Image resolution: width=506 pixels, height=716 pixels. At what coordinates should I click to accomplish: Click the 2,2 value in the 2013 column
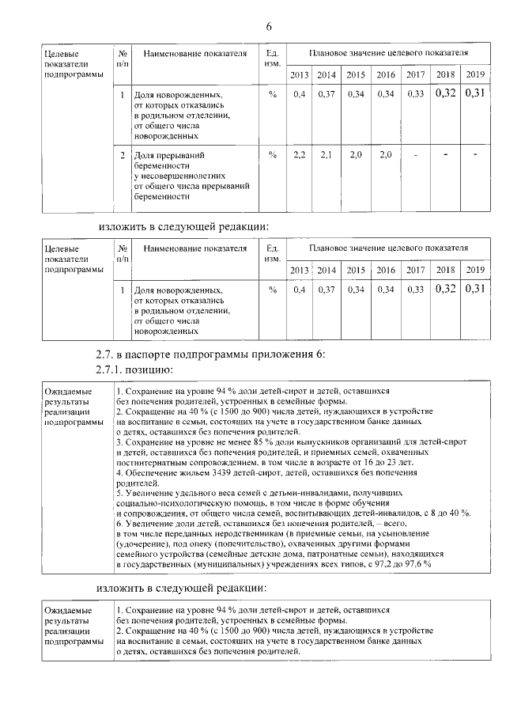[299, 154]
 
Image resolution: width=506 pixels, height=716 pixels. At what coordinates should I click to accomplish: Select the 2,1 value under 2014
[327, 154]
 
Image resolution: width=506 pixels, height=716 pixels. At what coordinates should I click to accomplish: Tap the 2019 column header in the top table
[474, 74]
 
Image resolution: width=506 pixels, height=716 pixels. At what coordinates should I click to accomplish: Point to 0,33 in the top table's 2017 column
[415, 94]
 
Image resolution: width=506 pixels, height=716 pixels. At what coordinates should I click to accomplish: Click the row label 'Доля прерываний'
[164, 156]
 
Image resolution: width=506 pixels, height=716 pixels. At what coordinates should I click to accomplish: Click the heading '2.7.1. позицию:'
[132, 369]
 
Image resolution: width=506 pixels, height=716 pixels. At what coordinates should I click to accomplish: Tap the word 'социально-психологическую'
[164, 502]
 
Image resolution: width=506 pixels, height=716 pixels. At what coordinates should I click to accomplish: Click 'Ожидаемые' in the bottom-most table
[69, 611]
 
